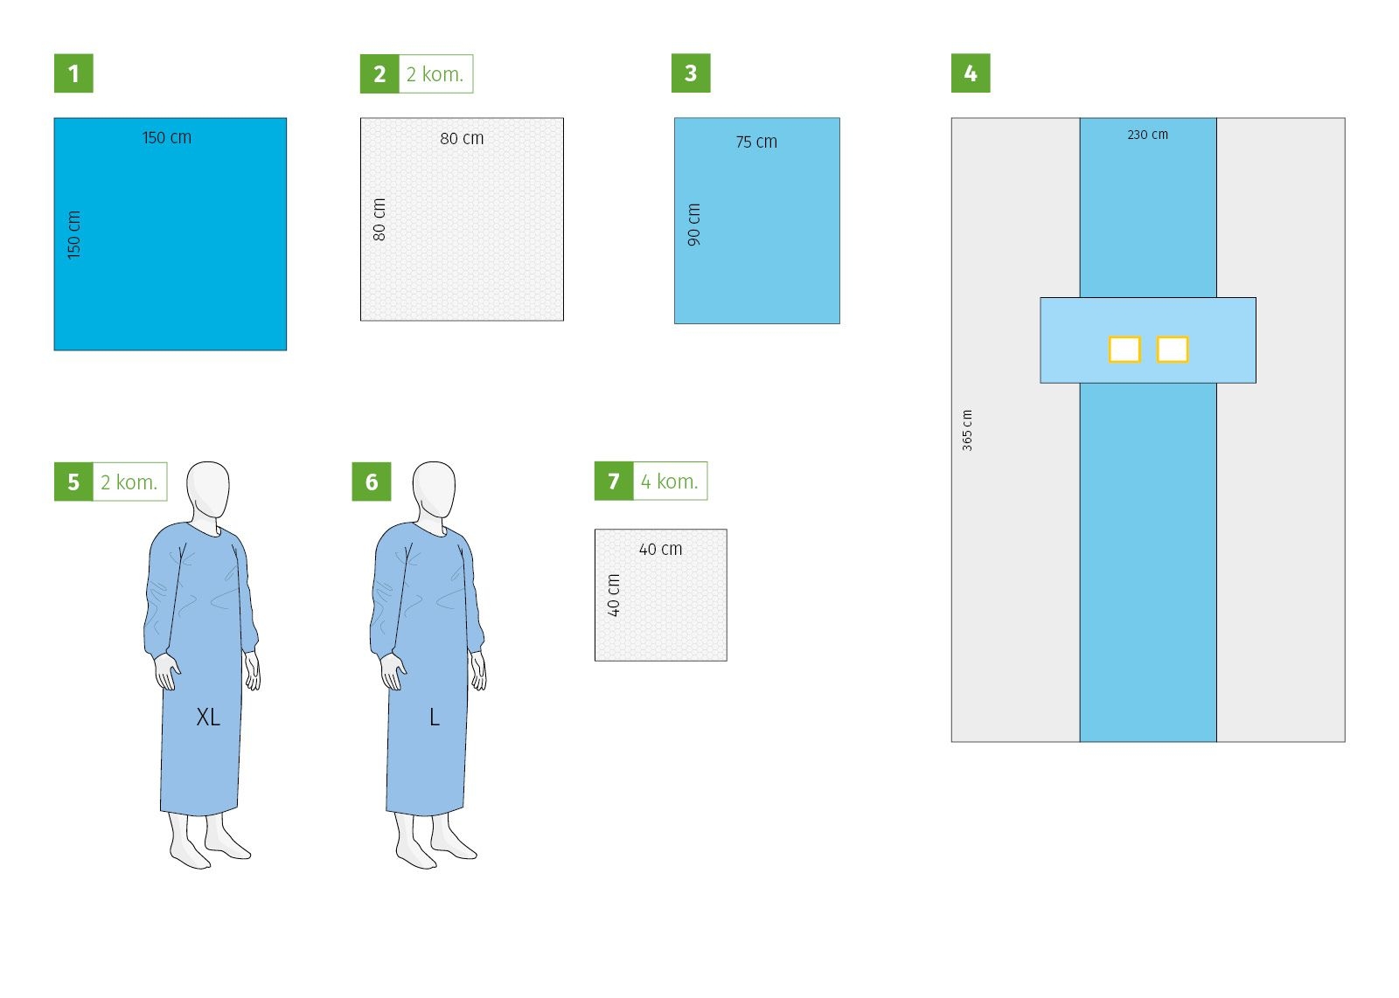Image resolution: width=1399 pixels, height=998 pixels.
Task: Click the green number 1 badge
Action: point(73,73)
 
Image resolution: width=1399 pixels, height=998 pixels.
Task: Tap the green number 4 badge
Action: point(971,73)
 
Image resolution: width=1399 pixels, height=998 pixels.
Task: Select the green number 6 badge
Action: point(372,482)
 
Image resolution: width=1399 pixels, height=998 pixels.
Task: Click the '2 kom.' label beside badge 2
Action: point(435,74)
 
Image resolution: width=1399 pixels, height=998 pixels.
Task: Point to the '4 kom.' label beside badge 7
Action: point(670,482)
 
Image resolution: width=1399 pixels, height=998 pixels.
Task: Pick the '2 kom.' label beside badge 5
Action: point(129,482)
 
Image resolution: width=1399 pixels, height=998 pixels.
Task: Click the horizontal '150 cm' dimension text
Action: point(167,137)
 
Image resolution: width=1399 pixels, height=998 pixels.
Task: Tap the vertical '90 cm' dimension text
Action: point(694,225)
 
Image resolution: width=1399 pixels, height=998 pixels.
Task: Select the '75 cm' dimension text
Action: point(756,142)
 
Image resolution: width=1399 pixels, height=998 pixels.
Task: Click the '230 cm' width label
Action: point(1147,135)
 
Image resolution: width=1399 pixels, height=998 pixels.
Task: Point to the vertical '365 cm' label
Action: point(967,430)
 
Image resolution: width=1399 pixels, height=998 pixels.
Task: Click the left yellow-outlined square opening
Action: point(1124,350)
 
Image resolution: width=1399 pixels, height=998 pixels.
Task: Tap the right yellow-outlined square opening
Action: point(1173,350)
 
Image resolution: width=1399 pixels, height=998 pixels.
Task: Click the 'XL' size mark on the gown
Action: point(208,717)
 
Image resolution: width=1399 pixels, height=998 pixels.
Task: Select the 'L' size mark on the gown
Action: point(435,717)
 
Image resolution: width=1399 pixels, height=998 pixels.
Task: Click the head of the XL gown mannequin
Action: point(208,490)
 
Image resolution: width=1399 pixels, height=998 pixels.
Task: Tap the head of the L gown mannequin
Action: point(434,490)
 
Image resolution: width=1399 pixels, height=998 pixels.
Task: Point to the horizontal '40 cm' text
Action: point(661,549)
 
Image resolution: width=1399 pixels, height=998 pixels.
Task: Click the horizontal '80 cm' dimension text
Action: point(463,139)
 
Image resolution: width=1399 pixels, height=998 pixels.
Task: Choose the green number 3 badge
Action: point(691,73)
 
